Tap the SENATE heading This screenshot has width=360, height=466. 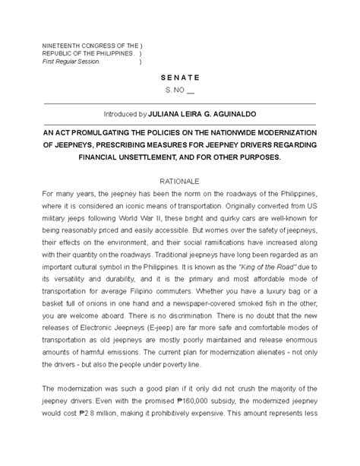pyautogui.click(x=179, y=78)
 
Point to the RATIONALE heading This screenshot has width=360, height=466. pyautogui.click(x=179, y=182)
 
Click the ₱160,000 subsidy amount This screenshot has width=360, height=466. pyautogui.click(x=209, y=420)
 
